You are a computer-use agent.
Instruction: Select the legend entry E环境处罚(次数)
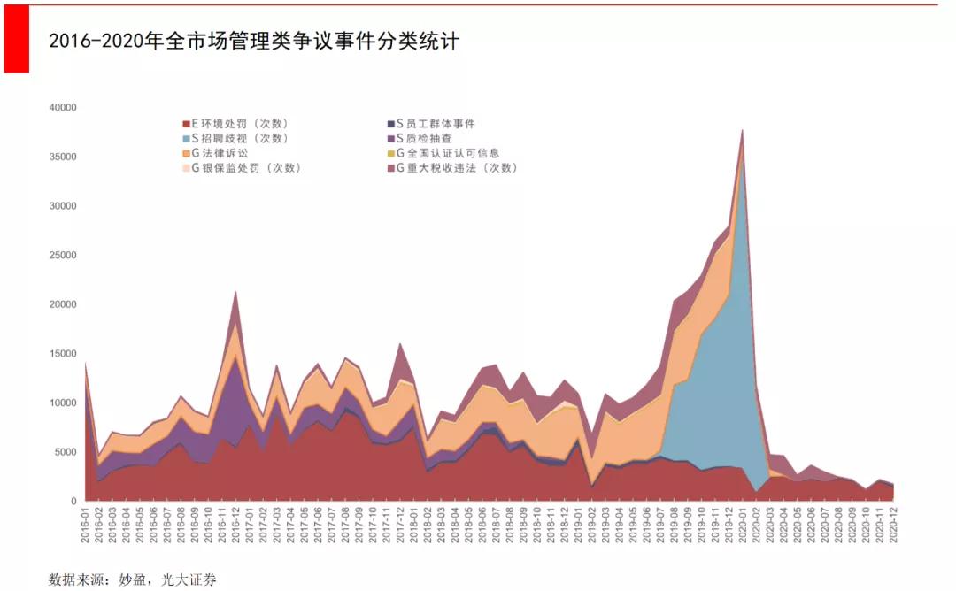pyautogui.click(x=235, y=124)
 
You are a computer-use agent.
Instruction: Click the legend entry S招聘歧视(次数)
pyautogui.click(x=235, y=138)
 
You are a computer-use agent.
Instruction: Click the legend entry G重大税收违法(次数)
pyautogui.click(x=456, y=167)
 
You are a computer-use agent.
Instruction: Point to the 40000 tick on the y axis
pyautogui.click(x=63, y=108)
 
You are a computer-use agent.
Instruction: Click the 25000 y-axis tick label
pyautogui.click(x=63, y=256)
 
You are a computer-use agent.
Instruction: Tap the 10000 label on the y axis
pyautogui.click(x=63, y=403)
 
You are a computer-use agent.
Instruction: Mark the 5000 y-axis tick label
pyautogui.click(x=66, y=452)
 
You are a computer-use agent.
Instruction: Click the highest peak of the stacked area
pyautogui.click(x=742, y=130)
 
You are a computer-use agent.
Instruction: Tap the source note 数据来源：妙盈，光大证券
pyautogui.click(x=132, y=580)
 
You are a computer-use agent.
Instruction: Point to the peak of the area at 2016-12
pyautogui.click(x=235, y=291)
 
